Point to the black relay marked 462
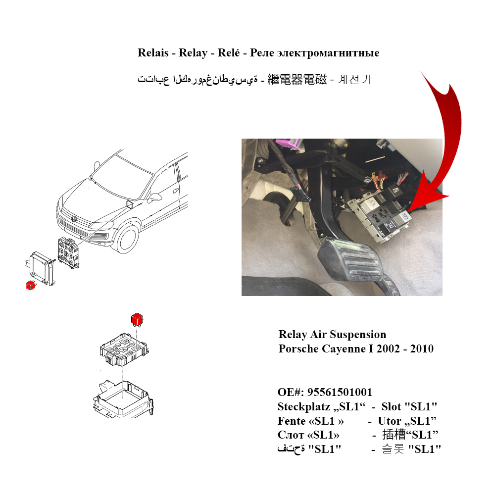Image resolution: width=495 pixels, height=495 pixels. tap(394, 191)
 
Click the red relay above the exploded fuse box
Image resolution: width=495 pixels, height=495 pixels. tap(137, 319)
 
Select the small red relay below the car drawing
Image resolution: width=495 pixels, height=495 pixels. tap(31, 285)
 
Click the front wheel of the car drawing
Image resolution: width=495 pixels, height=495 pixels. tap(128, 239)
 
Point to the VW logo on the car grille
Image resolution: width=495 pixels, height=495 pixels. tap(74, 219)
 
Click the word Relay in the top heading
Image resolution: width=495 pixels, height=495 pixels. tap(193, 53)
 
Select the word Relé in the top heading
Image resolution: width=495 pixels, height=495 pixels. tap(228, 52)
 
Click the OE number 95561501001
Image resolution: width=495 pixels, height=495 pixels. tap(340, 393)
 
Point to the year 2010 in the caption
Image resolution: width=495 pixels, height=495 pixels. tap(422, 348)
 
